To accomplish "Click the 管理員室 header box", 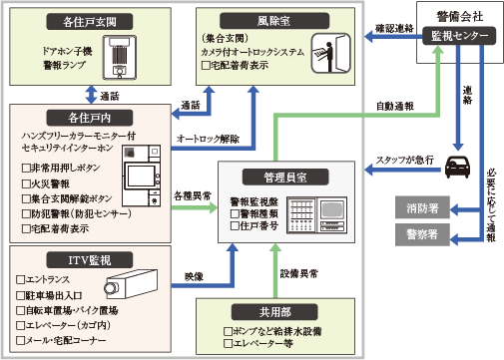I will [271, 176].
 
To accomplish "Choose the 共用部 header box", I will [271, 310].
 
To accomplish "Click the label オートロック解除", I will [208, 139].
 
